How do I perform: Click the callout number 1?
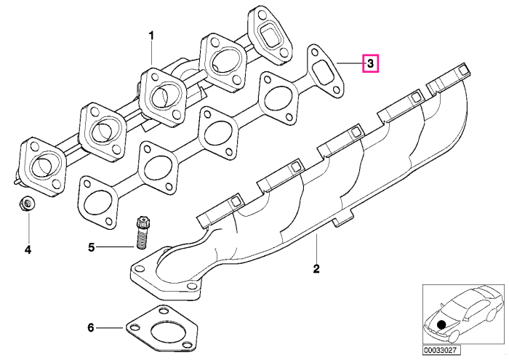point(151,36)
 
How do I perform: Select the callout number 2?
point(316,269)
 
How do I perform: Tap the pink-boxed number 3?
point(370,63)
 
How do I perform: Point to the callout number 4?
point(28,249)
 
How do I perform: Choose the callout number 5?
point(92,247)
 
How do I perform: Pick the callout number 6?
point(91,328)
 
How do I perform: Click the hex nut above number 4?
point(28,204)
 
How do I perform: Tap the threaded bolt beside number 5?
point(142,233)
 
